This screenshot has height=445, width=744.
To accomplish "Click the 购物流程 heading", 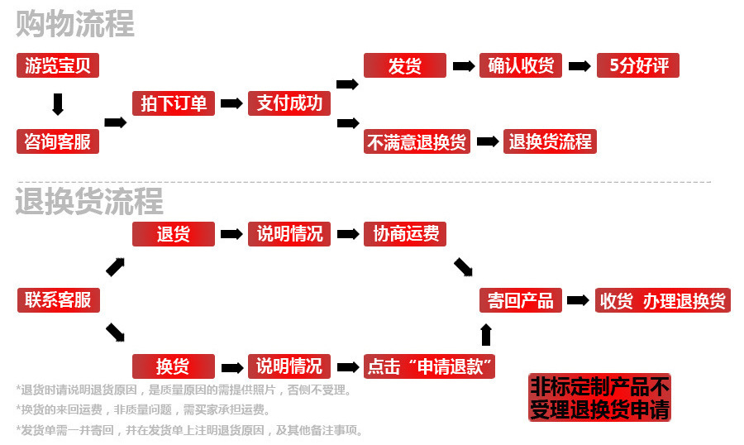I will [x=75, y=25].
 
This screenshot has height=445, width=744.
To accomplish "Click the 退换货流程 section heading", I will [x=89, y=201].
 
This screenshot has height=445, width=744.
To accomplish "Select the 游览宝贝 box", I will [x=58, y=66].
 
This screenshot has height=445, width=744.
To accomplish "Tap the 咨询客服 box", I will [x=58, y=141].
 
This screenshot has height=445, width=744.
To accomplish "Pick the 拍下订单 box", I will [x=174, y=103].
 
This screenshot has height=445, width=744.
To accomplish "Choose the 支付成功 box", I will [x=289, y=103].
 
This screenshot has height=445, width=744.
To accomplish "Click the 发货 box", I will [x=405, y=66].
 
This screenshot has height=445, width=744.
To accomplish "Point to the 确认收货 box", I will [x=521, y=66].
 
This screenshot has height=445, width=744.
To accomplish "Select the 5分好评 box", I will [x=638, y=66].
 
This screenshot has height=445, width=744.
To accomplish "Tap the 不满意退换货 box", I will [x=417, y=141].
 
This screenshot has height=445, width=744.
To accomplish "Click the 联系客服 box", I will [x=58, y=300].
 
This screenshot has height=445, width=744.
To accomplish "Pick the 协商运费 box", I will [x=405, y=234].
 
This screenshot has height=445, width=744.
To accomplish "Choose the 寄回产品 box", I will [x=521, y=300].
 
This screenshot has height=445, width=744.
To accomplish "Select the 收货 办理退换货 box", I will [x=662, y=300].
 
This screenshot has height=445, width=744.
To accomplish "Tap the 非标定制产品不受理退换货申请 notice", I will [x=599, y=398].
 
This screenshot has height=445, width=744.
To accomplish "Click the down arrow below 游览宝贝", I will [x=58, y=104].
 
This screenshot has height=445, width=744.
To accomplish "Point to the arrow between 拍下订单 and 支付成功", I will [x=231, y=103].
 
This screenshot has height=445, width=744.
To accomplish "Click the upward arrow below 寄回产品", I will [x=486, y=334].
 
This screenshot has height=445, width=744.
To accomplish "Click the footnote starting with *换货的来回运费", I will [x=143, y=409].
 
